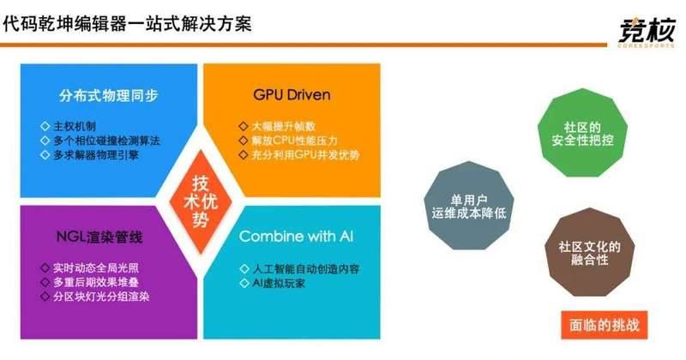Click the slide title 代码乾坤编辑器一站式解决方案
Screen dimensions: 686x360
coord(127,23)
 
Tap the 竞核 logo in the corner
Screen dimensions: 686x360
coord(647,32)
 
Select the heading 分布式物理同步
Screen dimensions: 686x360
coord(109,95)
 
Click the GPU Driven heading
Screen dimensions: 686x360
coord(292,94)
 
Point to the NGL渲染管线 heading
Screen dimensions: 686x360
coord(99,237)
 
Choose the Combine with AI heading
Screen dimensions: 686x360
coord(296,237)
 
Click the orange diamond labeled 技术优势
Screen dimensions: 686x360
coord(200,201)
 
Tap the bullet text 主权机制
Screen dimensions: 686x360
coord(75,126)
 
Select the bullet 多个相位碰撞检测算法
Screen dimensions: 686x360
coord(106,141)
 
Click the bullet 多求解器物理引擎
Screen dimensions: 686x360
coord(96,155)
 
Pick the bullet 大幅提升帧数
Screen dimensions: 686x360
coord(283,126)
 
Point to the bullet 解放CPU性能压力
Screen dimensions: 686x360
coord(294,141)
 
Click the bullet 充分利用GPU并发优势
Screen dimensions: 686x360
coord(305,154)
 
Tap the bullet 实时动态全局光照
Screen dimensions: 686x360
coord(96,267)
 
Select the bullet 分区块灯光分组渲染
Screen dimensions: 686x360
coord(101,297)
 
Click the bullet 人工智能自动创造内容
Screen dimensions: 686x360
coord(305,269)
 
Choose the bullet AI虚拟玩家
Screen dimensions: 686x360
coord(279,284)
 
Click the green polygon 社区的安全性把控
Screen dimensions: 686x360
coord(582,133)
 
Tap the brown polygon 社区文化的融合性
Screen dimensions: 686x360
coord(589,252)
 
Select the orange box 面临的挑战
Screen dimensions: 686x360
coord(605,325)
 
